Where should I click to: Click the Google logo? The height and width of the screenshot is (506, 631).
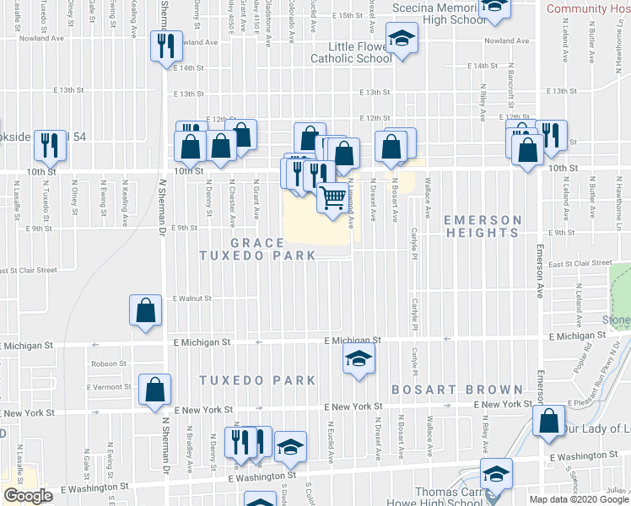click(x=28, y=496)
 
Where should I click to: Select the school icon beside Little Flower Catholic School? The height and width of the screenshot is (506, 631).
click(x=402, y=39)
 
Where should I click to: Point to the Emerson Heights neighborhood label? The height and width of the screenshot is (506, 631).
click(x=483, y=229)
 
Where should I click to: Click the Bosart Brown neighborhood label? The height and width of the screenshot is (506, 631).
click(x=457, y=390)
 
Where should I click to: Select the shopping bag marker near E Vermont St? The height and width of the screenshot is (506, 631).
click(x=154, y=390)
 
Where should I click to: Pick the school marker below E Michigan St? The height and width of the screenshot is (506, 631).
click(x=359, y=359)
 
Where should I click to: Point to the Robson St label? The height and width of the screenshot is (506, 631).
click(x=109, y=363)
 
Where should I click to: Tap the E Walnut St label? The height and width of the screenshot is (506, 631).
click(x=191, y=298)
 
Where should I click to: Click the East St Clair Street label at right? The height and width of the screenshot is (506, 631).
click(x=580, y=263)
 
